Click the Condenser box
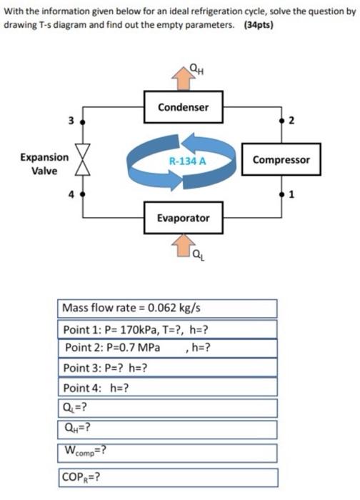[183, 107]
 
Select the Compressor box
[281, 159]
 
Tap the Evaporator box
[183, 218]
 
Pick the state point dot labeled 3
[84, 121]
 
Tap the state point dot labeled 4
[84, 194]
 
